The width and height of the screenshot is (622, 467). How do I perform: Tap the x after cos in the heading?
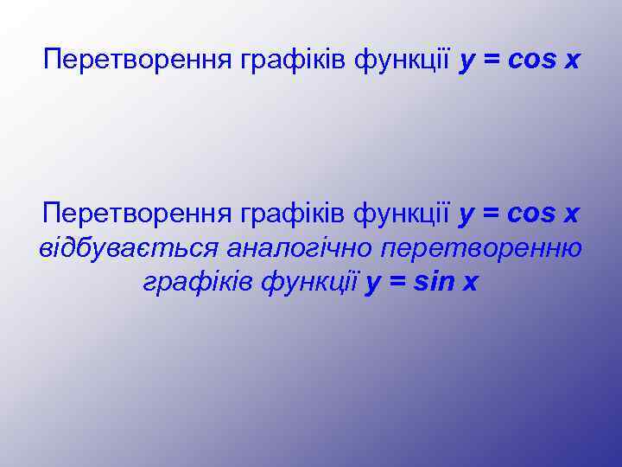click(x=571, y=61)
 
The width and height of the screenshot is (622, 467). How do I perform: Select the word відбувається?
click(x=127, y=248)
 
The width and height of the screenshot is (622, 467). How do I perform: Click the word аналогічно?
click(x=299, y=248)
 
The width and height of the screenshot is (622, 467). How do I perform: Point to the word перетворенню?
click(x=482, y=248)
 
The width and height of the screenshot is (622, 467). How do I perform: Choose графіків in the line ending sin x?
click(x=195, y=283)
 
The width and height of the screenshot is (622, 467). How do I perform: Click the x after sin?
click(x=469, y=284)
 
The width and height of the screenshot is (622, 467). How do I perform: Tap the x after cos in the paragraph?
click(x=571, y=213)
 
